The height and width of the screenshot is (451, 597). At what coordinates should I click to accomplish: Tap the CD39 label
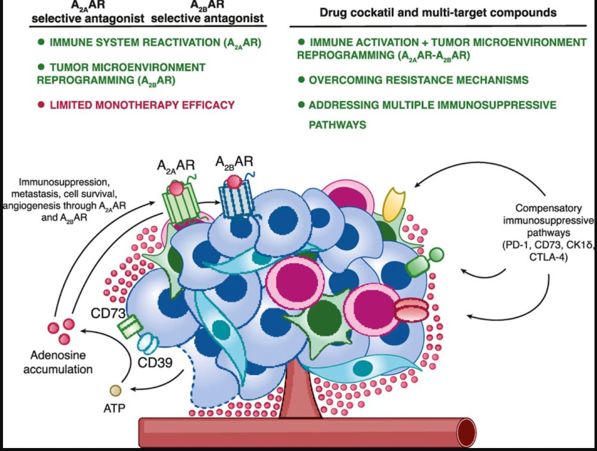tap(152, 362)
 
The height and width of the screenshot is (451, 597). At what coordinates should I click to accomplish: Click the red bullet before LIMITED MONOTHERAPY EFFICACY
tap(41, 104)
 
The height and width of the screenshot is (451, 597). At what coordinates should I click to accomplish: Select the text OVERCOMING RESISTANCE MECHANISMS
tap(418, 80)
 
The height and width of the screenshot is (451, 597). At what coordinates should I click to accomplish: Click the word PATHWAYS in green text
tap(337, 125)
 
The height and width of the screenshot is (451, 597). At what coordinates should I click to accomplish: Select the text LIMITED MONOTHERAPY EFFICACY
tap(142, 104)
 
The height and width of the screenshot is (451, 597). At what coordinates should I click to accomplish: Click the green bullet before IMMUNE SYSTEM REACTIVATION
tap(41, 42)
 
